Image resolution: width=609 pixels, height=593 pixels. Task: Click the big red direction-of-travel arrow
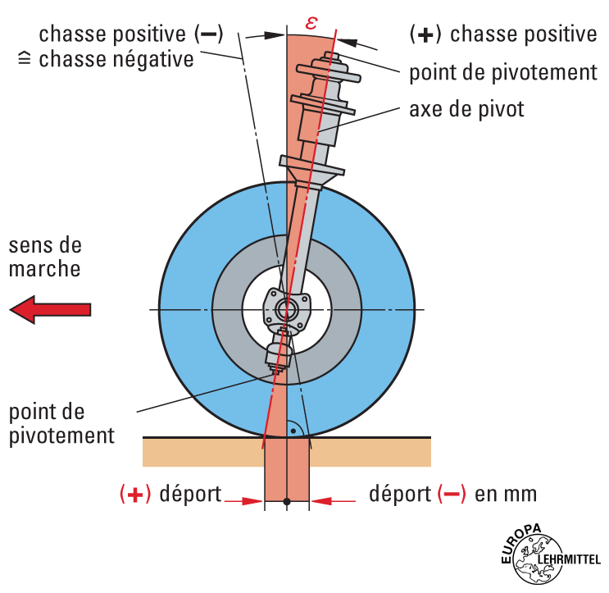pyautogui.click(x=50, y=310)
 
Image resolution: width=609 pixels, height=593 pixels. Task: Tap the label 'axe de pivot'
pyautogui.click(x=466, y=108)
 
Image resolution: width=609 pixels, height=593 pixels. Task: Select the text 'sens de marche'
pyautogui.click(x=46, y=257)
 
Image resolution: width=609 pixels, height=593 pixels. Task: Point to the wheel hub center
pyautogui.click(x=287, y=310)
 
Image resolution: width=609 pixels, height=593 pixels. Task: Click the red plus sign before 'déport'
pyautogui.click(x=135, y=495)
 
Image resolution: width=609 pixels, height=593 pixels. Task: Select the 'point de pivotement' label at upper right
pyautogui.click(x=503, y=72)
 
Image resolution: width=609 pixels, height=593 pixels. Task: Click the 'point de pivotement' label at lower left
pyautogui.click(x=62, y=423)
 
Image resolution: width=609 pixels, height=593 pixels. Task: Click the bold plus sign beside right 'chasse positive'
pyautogui.click(x=425, y=34)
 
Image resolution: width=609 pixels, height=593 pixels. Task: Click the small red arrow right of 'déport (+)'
pyautogui.click(x=244, y=500)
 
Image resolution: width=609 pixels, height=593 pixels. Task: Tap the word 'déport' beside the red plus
pyautogui.click(x=190, y=495)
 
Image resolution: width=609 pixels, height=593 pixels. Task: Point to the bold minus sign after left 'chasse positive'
pyautogui.click(x=207, y=34)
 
